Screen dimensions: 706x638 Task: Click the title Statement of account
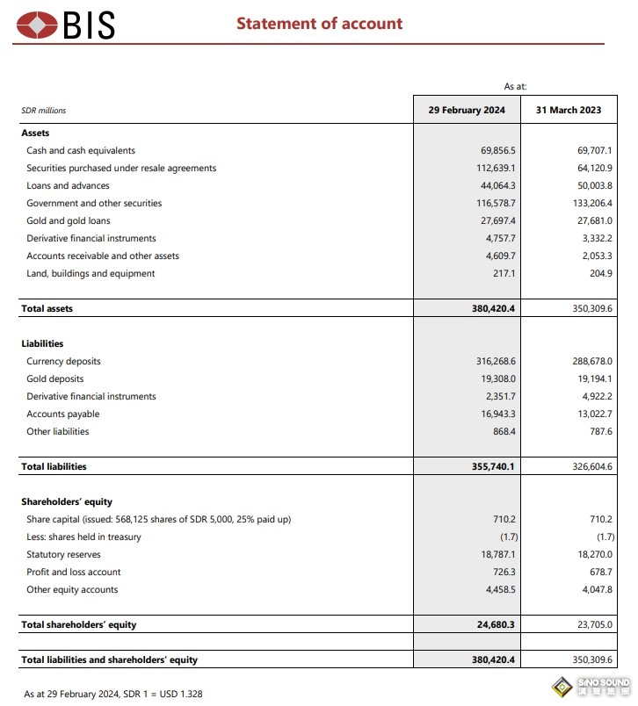click(319, 24)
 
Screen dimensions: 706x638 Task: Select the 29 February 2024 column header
click(467, 110)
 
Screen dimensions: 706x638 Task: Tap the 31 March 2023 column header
click(568, 110)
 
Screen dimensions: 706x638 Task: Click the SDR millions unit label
click(43, 111)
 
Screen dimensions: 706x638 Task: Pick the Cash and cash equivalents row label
click(81, 150)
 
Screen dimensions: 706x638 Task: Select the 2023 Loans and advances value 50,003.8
click(591, 185)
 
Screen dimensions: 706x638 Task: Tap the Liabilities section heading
click(42, 343)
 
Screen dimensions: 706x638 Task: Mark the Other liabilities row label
click(57, 431)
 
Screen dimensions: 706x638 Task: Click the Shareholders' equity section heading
click(67, 501)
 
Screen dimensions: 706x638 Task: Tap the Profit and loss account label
click(74, 572)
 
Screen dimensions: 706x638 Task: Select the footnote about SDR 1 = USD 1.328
click(113, 694)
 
